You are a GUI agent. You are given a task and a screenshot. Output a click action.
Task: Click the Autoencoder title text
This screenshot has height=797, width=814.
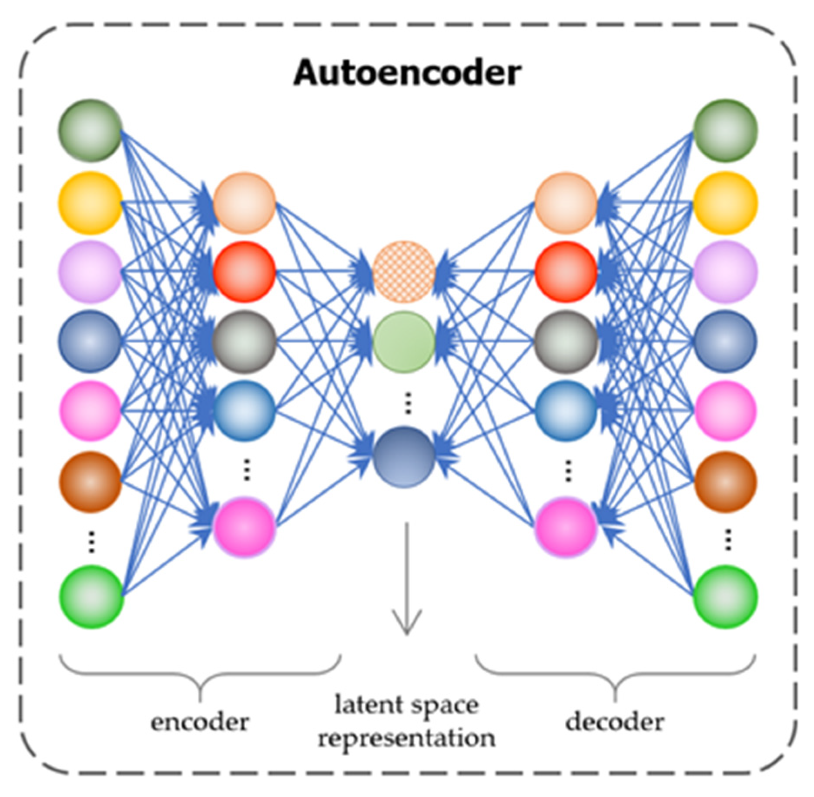click(x=407, y=73)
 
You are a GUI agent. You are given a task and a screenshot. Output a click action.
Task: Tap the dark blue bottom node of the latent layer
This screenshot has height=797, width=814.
click(x=404, y=457)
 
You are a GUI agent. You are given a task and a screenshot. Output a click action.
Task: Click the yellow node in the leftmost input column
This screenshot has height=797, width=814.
click(x=90, y=203)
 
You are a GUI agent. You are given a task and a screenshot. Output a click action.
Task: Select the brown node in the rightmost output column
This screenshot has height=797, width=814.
click(x=725, y=482)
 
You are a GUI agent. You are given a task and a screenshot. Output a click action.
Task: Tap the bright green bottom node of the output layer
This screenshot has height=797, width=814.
click(x=725, y=597)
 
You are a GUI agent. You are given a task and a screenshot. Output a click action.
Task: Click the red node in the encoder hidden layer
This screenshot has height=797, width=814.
click(x=245, y=272)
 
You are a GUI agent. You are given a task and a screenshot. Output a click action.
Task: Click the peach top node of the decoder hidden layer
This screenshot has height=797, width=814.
click(x=566, y=203)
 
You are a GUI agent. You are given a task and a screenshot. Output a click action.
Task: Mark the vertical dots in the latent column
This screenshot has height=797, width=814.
click(x=408, y=403)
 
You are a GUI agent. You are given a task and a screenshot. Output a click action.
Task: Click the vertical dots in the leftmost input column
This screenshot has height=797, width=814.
click(x=91, y=542)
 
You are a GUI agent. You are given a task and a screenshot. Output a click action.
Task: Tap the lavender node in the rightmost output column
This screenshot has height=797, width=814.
click(x=725, y=272)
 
